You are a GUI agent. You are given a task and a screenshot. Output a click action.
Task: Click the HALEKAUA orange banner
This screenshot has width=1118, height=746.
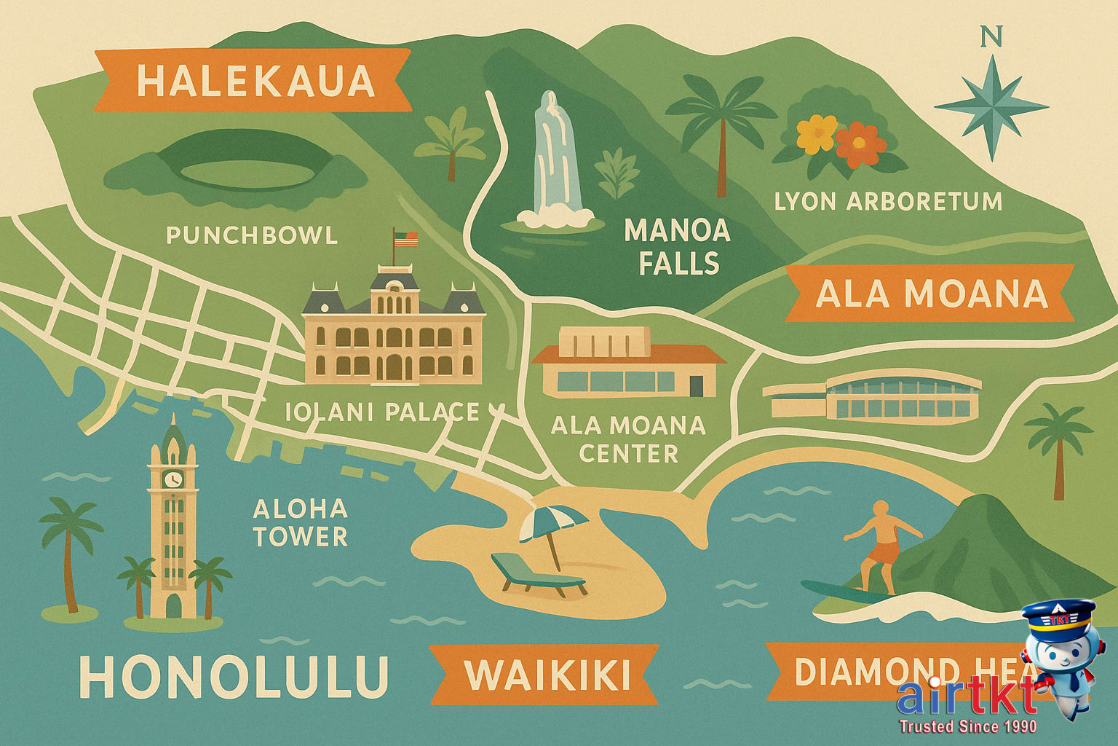pyautogui.click(x=253, y=80)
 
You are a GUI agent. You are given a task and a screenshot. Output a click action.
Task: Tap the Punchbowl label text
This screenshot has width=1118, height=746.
pyautogui.click(x=252, y=235)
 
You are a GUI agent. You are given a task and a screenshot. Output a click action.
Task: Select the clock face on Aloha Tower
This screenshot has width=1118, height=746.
pyautogui.click(x=173, y=479)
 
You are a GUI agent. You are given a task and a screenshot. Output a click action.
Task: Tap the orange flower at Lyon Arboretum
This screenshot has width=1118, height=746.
pyautogui.click(x=860, y=144)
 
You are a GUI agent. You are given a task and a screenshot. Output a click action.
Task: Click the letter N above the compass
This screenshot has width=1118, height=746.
pyautogui.click(x=991, y=36)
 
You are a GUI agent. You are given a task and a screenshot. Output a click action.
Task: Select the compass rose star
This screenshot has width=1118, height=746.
pyautogui.click(x=991, y=107)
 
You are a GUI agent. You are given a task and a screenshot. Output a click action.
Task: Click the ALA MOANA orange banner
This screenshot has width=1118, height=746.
pyautogui.click(x=930, y=294)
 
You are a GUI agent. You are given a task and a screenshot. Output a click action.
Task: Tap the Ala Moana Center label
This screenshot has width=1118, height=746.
pyautogui.click(x=628, y=439)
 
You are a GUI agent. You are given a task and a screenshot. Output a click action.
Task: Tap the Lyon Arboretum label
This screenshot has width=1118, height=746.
pyautogui.click(x=888, y=202)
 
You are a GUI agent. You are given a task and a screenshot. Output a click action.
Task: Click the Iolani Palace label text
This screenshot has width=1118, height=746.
pyautogui.click(x=382, y=412)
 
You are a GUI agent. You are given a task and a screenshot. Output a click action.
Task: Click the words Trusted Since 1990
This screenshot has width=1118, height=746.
pyautogui.click(x=967, y=726)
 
